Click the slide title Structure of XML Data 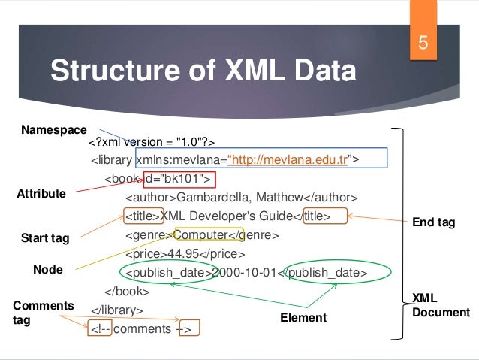pos(202,72)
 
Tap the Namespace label pos(53,130)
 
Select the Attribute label pos(41,194)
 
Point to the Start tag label pos(45,239)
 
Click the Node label pos(48,269)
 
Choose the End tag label pos(434,223)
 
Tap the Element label pos(303,318)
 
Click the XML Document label pos(441,306)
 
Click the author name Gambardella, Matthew pos(238,198)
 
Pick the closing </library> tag pos(116,309)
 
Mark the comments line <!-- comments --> pos(140,328)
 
